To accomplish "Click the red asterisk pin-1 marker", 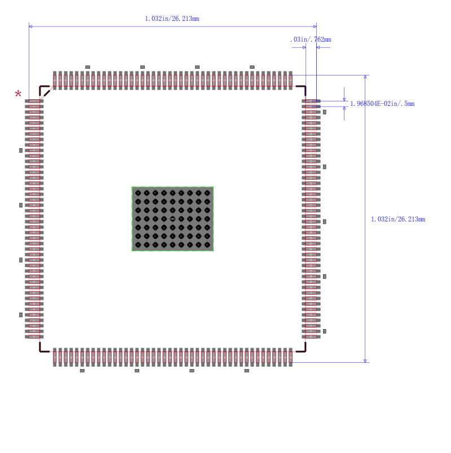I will pyautogui.click(x=19, y=94).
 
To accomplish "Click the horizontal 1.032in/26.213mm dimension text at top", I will pyautogui.click(x=172, y=19).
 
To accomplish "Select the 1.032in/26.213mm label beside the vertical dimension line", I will pyautogui.click(x=398, y=219).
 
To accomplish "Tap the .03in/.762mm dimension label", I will pyautogui.click(x=310, y=39).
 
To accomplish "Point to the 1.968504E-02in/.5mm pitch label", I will pyautogui.click(x=382, y=104).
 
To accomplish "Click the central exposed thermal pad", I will pyautogui.click(x=173, y=219).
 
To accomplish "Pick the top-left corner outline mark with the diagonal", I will pyautogui.click(x=44, y=90).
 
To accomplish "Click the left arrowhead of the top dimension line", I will pyautogui.click(x=31, y=26).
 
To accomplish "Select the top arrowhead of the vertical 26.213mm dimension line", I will pyautogui.click(x=365, y=77).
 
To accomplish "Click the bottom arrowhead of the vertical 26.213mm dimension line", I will pyautogui.click(x=365, y=360).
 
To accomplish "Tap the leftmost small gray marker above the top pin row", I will pyautogui.click(x=87, y=66).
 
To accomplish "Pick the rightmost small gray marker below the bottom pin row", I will pyautogui.click(x=246, y=371).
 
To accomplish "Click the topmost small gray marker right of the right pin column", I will pyautogui.click(x=325, y=112).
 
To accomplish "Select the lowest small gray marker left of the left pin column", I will pyautogui.click(x=21, y=315).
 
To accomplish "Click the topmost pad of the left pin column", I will pyautogui.click(x=34, y=101).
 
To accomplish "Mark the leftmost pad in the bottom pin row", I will pyautogui.click(x=55, y=357).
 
